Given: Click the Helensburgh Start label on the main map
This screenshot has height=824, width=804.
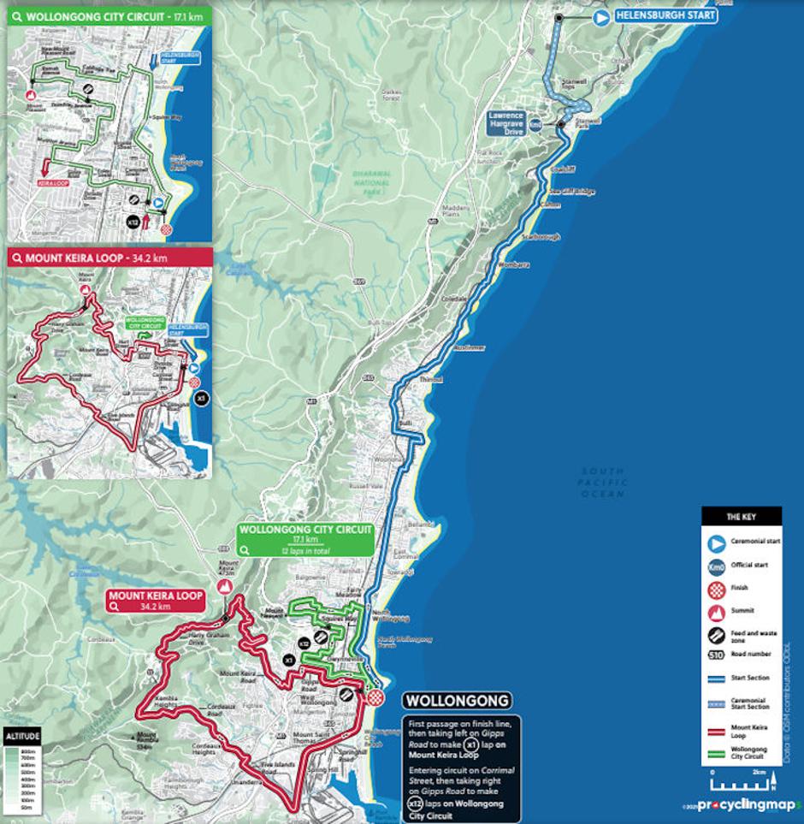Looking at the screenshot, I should coord(665,15).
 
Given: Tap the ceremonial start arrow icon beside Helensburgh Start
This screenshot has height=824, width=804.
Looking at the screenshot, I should coord(601,16).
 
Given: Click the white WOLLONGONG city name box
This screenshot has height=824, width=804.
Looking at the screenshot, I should coord(458,701).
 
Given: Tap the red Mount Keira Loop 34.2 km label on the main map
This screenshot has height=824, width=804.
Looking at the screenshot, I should coord(156,601).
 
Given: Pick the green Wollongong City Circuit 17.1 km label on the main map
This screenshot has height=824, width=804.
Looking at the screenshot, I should coord(305,539).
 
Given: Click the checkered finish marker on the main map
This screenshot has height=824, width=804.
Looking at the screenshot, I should coord(375,698).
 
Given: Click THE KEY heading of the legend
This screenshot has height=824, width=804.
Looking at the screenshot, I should coord(741,517).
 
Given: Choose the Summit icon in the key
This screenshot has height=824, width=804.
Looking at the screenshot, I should coord(717,613).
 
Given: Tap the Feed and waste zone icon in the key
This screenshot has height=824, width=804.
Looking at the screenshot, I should coord(717,636).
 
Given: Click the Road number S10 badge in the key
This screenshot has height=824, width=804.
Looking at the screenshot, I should coord(717,655).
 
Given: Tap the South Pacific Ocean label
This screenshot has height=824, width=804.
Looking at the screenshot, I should coord(603,483).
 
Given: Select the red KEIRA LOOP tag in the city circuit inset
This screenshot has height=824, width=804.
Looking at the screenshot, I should coord(54,182).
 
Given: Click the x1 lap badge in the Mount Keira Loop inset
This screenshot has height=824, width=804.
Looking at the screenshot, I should coord(201,399).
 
